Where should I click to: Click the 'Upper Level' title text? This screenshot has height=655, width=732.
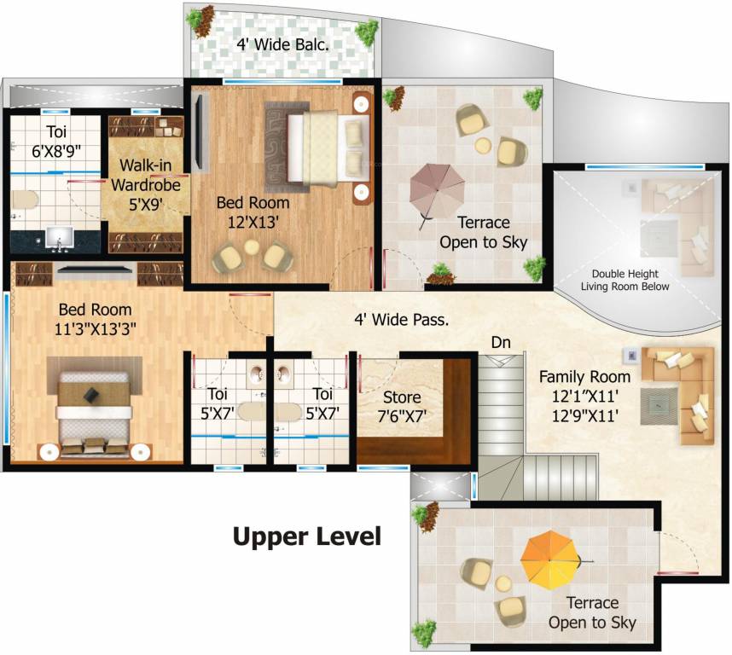click(x=306, y=537)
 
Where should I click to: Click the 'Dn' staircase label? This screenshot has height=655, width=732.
click(x=502, y=342)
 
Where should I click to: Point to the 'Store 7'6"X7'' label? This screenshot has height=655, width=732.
click(x=401, y=407)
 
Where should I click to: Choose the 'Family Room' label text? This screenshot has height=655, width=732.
click(x=584, y=376)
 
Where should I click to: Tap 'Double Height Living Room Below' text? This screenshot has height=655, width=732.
click(x=625, y=281)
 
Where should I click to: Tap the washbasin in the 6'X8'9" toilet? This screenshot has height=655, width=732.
click(x=59, y=236)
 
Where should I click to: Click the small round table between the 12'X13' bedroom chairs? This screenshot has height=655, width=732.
click(x=252, y=248)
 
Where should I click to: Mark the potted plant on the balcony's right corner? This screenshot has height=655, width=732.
click(x=366, y=32)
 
